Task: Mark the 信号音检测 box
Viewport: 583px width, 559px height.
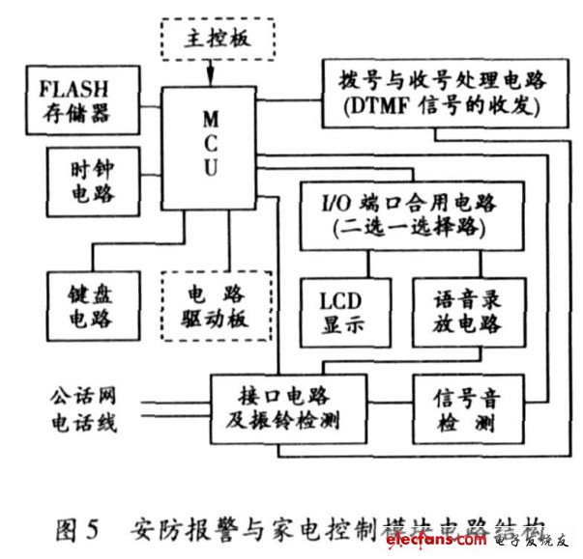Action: click(x=462, y=409)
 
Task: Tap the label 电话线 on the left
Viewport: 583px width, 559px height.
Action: click(x=80, y=422)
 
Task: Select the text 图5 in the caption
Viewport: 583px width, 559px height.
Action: click(x=78, y=529)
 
